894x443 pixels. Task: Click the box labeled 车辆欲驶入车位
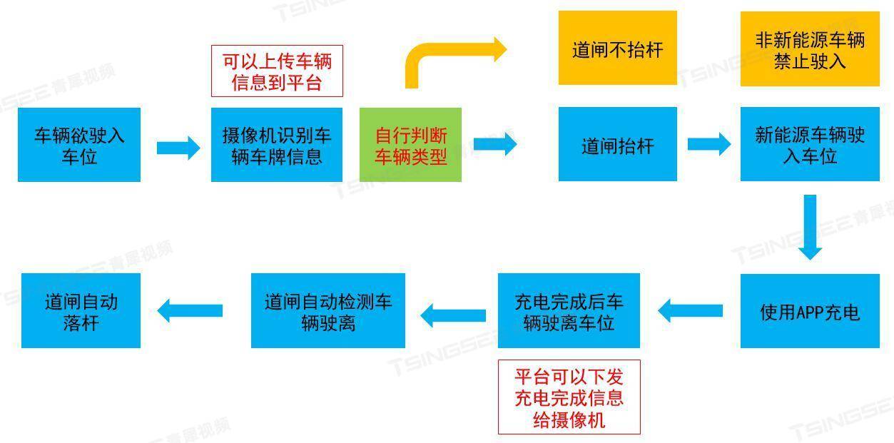(79, 145)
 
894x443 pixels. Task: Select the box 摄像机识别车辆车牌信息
(277, 145)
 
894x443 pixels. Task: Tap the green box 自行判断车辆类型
(411, 145)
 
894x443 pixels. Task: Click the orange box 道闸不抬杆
(617, 48)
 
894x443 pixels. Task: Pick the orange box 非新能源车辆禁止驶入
(810, 49)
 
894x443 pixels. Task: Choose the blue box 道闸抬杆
(617, 145)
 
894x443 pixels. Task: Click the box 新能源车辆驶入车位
(810, 145)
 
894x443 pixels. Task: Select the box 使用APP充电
(810, 311)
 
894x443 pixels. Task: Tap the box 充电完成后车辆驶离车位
(569, 311)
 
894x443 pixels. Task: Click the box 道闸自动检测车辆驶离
(328, 311)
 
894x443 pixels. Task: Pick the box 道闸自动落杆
(81, 311)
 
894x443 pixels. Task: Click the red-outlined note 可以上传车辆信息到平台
(277, 71)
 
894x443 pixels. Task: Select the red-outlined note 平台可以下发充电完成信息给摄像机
(569, 397)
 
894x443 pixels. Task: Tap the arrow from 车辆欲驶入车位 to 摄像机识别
(178, 148)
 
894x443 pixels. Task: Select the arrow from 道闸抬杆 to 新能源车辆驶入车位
(708, 144)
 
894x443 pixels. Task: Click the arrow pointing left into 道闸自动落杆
(190, 310)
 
